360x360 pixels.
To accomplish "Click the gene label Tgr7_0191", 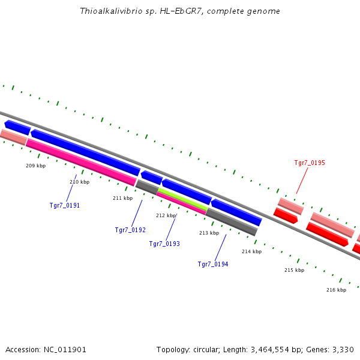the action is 64,205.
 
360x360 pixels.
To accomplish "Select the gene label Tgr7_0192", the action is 130,230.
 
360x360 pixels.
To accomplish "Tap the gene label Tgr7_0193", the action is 164,244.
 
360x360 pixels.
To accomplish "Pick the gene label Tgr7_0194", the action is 213,264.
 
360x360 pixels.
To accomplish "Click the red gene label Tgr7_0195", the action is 310,163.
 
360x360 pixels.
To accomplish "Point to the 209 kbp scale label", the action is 35,166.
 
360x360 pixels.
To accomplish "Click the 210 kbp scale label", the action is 79,182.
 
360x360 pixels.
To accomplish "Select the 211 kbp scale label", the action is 122,198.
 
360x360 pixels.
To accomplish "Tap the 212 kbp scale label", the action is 166,215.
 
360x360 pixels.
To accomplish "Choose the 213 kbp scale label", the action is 209,233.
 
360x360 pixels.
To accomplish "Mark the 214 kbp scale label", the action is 251,251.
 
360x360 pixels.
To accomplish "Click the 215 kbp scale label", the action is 294,270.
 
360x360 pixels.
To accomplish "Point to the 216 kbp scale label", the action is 336,290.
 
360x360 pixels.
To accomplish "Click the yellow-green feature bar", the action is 182,199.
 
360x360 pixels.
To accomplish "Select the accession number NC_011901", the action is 65,349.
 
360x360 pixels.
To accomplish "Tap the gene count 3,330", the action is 342,349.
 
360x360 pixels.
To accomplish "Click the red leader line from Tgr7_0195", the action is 302,181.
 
